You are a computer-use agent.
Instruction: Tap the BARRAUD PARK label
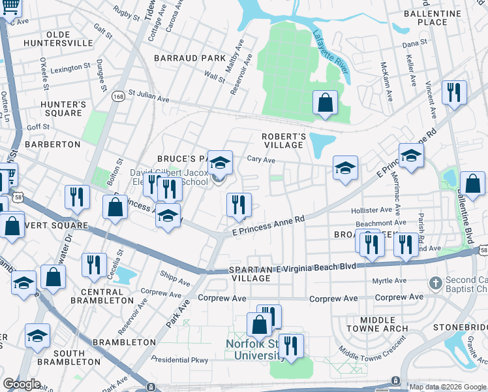coord(190,58)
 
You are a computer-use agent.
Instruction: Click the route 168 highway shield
coord(118,96)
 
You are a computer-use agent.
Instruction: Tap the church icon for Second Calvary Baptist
coord(435,283)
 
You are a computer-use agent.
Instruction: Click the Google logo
coord(22,384)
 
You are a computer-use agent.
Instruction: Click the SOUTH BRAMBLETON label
coord(69,357)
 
